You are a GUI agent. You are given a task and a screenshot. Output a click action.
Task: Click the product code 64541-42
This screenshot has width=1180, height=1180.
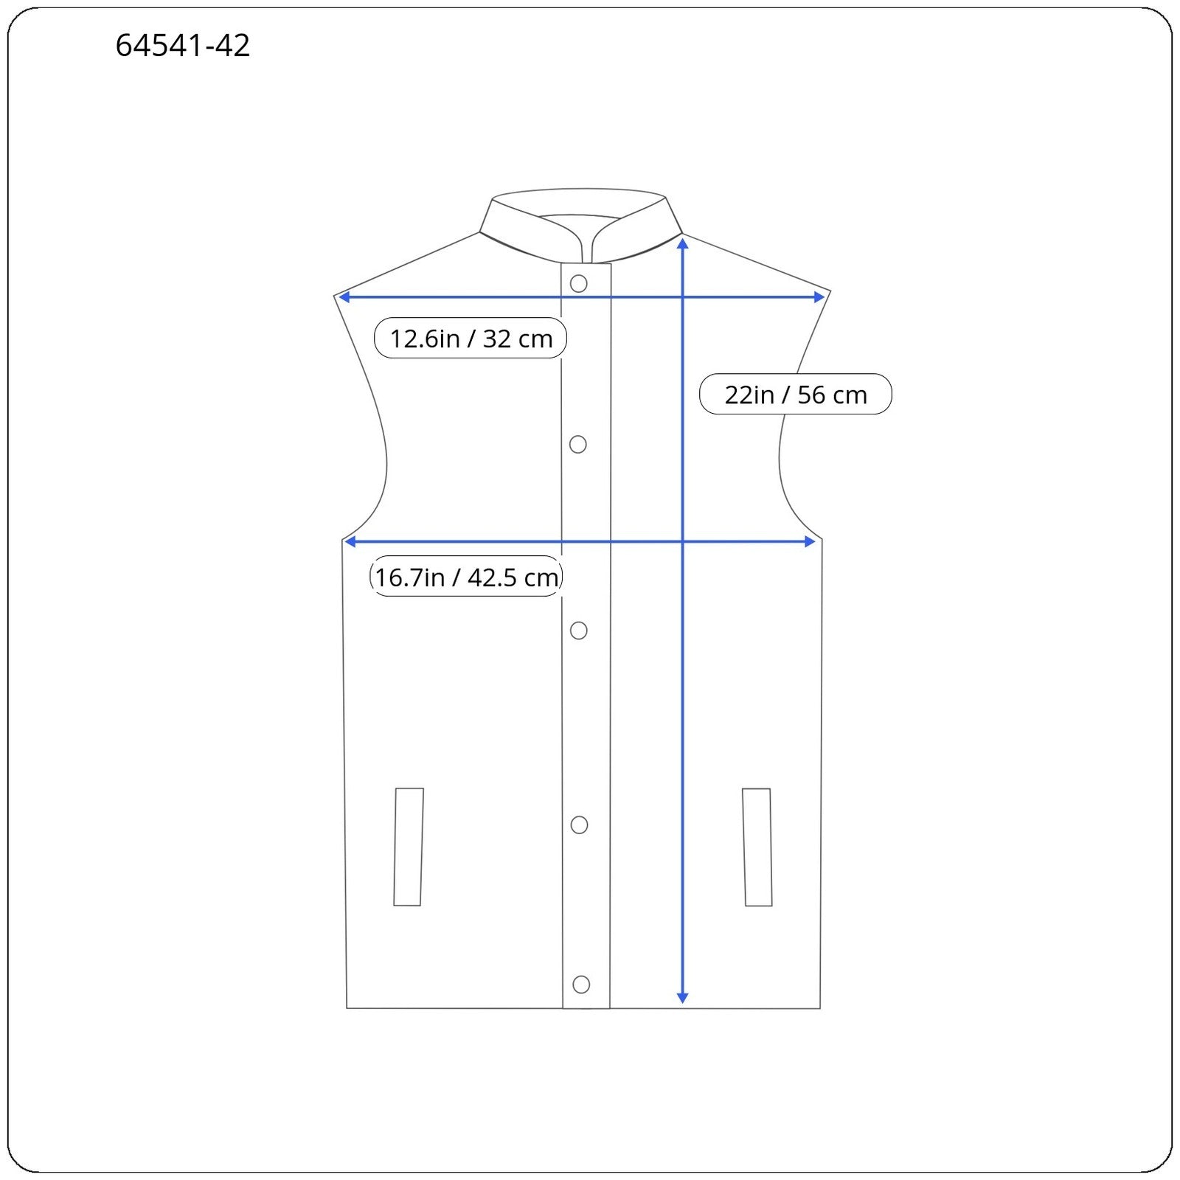pyautogui.click(x=183, y=46)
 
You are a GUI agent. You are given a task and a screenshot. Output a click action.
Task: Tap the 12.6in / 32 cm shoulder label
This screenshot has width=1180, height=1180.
pyautogui.click(x=471, y=339)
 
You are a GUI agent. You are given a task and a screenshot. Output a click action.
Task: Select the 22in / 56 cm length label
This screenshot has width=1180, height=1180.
pyautogui.click(x=795, y=395)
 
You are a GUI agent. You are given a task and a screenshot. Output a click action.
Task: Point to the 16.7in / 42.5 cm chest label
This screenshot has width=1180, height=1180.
pyautogui.click(x=466, y=577)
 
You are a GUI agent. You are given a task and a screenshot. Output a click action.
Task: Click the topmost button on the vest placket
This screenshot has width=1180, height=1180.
pyautogui.click(x=579, y=284)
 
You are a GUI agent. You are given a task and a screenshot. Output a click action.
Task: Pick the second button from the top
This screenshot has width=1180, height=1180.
pyautogui.click(x=578, y=444)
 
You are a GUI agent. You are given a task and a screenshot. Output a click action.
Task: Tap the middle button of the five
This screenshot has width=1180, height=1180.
pyautogui.click(x=579, y=631)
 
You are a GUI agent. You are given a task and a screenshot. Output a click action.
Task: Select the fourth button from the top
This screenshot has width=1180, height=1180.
pyautogui.click(x=580, y=825)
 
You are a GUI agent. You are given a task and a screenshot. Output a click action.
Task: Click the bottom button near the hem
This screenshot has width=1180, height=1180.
pyautogui.click(x=581, y=985)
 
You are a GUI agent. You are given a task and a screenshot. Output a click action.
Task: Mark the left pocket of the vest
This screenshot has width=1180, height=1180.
pyautogui.click(x=409, y=847)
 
